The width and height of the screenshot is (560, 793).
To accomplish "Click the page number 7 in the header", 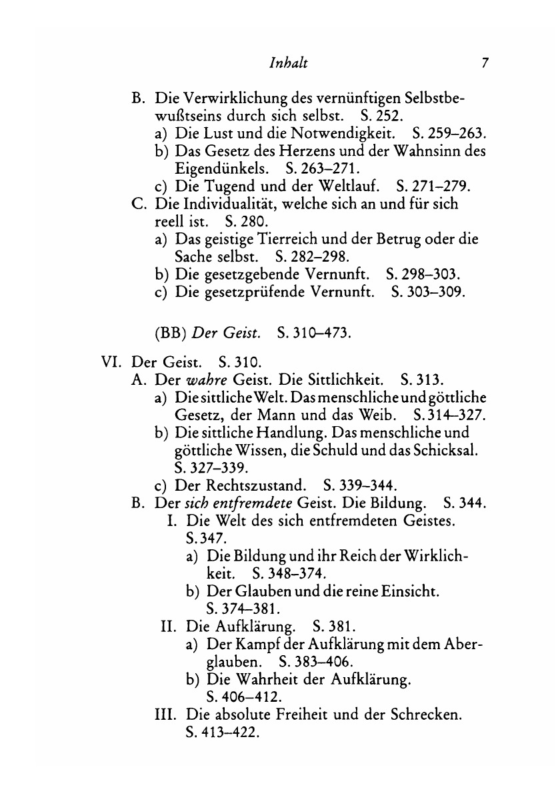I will click(485, 64).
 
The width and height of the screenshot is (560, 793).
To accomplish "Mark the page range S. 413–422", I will click(221, 732).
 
